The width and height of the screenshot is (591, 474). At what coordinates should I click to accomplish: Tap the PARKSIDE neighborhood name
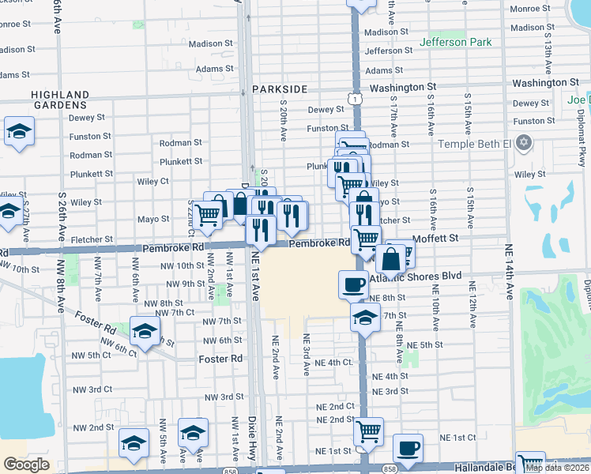pyautogui.click(x=279, y=89)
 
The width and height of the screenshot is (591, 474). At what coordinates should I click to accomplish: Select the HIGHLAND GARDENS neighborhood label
pyautogui.click(x=59, y=100)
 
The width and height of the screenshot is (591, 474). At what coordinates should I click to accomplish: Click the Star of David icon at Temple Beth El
pyautogui.click(x=521, y=143)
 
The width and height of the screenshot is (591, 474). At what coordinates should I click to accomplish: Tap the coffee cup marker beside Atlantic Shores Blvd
pyautogui.click(x=353, y=284)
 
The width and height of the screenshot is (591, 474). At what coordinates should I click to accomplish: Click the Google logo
pyautogui.click(x=26, y=465)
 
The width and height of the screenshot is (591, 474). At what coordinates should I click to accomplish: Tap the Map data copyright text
pyautogui.click(x=557, y=468)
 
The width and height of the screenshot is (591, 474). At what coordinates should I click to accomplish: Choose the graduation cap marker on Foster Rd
pyautogui.click(x=145, y=332)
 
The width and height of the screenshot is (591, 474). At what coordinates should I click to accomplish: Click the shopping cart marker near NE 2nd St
pyautogui.click(x=368, y=431)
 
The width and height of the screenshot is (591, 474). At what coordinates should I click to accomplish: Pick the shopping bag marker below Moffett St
pyautogui.click(x=390, y=258)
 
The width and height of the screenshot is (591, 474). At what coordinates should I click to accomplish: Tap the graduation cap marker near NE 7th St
pyautogui.click(x=364, y=318)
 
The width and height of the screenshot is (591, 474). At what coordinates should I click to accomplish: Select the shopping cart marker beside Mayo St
pyautogui.click(x=207, y=213)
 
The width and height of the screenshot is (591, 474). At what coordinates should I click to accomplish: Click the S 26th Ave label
pyautogui.click(x=61, y=213)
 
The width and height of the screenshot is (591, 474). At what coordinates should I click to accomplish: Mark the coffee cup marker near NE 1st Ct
pyautogui.click(x=408, y=447)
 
